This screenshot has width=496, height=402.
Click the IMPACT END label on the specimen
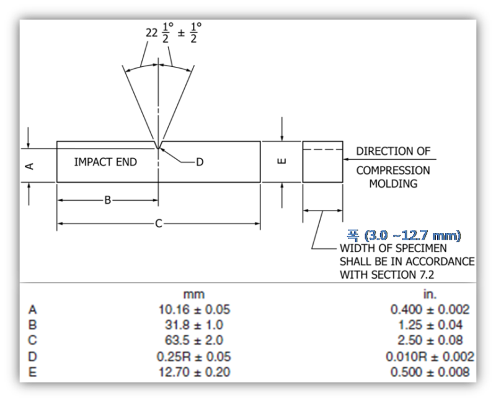point(105,162)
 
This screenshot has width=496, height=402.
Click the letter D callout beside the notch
point(200,162)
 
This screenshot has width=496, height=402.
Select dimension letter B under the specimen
point(107,200)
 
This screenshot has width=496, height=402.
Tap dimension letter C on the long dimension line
point(159,224)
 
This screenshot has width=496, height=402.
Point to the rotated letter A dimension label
point(29,166)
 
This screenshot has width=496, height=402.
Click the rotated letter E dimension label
point(281,162)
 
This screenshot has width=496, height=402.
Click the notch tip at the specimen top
point(158,148)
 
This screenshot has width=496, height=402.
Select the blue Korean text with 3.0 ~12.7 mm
point(404,235)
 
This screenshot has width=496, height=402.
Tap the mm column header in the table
point(194,295)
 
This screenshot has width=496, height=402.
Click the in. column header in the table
point(430,295)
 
